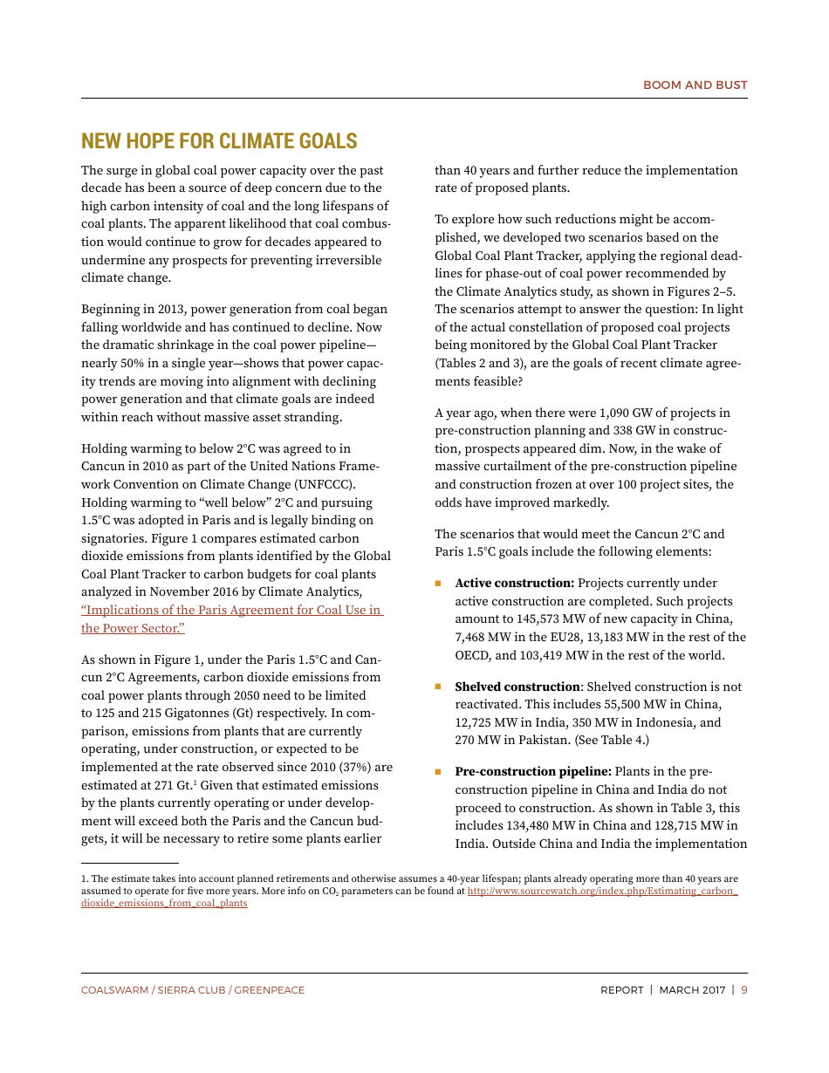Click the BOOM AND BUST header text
(695, 85)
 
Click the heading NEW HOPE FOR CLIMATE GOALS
(219, 141)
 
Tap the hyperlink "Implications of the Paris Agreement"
(231, 611)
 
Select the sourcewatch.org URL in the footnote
(602, 892)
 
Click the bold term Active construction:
(514, 584)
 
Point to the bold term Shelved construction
(517, 687)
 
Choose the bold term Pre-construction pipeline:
(532, 772)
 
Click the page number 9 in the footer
(743, 990)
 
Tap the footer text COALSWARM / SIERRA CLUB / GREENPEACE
(193, 990)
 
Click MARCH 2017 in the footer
(692, 990)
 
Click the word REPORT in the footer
(621, 990)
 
